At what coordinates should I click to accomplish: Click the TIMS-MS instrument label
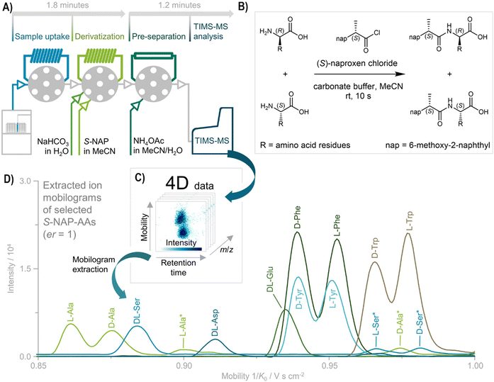coord(212,140)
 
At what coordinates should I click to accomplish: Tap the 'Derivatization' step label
coord(100,37)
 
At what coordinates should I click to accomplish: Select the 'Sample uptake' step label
coord(43,37)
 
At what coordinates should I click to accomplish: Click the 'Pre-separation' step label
coord(159,37)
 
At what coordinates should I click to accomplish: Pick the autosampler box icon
coord(16,132)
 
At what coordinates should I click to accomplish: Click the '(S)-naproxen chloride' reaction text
coord(357,63)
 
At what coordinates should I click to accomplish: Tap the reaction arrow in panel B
coord(359,74)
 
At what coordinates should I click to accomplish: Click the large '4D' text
coord(178,183)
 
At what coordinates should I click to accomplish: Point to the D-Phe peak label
coord(297,217)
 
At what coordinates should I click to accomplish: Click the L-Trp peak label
coord(410,222)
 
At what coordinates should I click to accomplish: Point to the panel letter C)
coord(140,178)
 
